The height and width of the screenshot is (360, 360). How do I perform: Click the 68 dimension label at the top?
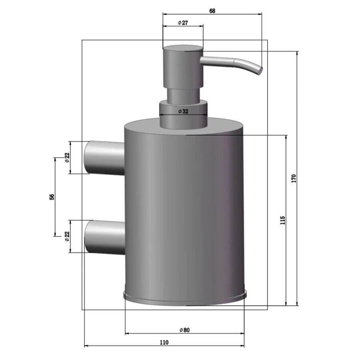(212, 11)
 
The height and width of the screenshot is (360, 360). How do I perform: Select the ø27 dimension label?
(183, 23)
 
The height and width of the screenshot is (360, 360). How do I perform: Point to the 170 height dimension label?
(293, 178)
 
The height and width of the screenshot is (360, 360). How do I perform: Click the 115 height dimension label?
(282, 220)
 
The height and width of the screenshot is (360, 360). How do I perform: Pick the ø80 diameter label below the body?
(184, 330)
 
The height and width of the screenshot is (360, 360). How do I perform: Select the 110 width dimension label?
(164, 342)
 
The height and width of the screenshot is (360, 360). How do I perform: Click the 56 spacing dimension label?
(52, 197)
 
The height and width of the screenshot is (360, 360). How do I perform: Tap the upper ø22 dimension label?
(67, 158)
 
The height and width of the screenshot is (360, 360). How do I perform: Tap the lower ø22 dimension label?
(67, 236)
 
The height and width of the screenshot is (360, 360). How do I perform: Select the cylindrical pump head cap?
(182, 66)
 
